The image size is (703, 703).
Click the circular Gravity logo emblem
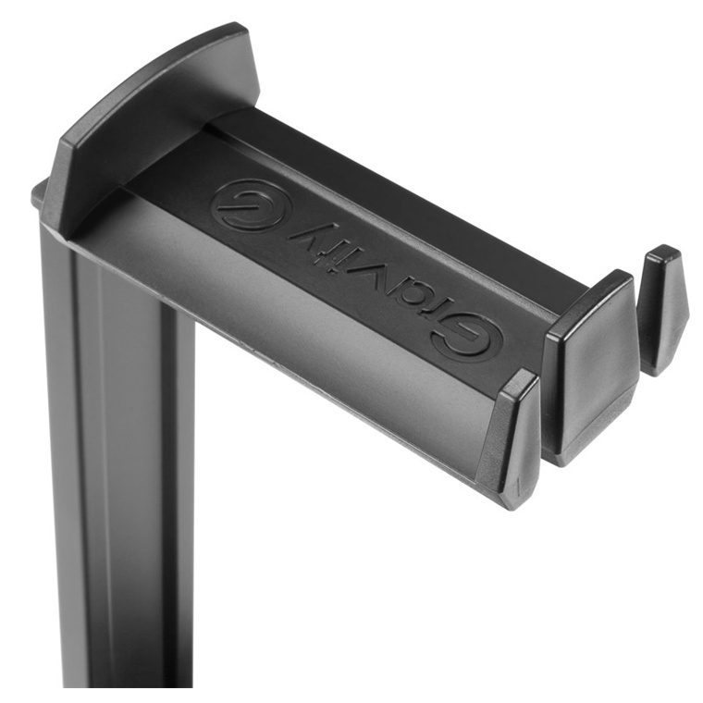253,205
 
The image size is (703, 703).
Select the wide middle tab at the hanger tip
592,367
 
